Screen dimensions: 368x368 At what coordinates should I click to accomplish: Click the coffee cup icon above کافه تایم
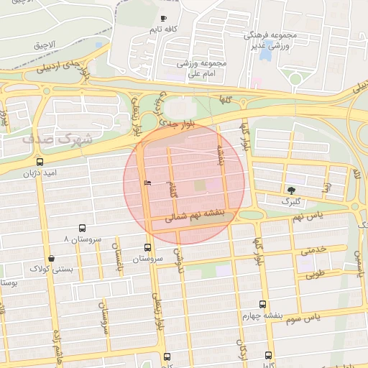[164, 18]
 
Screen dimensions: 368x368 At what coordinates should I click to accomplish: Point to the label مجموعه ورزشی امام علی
[206, 68]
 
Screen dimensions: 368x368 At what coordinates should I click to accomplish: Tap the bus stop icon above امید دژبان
[39, 162]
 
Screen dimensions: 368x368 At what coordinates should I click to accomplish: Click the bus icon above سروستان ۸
[81, 226]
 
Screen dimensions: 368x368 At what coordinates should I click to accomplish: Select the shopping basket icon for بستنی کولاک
[50, 258]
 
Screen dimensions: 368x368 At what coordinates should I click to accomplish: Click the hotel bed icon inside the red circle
[147, 183]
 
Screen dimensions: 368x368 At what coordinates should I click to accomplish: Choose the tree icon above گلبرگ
[291, 190]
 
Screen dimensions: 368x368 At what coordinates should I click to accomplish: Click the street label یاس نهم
[313, 216]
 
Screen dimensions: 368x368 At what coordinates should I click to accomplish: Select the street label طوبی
[314, 274]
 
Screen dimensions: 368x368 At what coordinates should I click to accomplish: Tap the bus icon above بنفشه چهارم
[262, 304]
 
